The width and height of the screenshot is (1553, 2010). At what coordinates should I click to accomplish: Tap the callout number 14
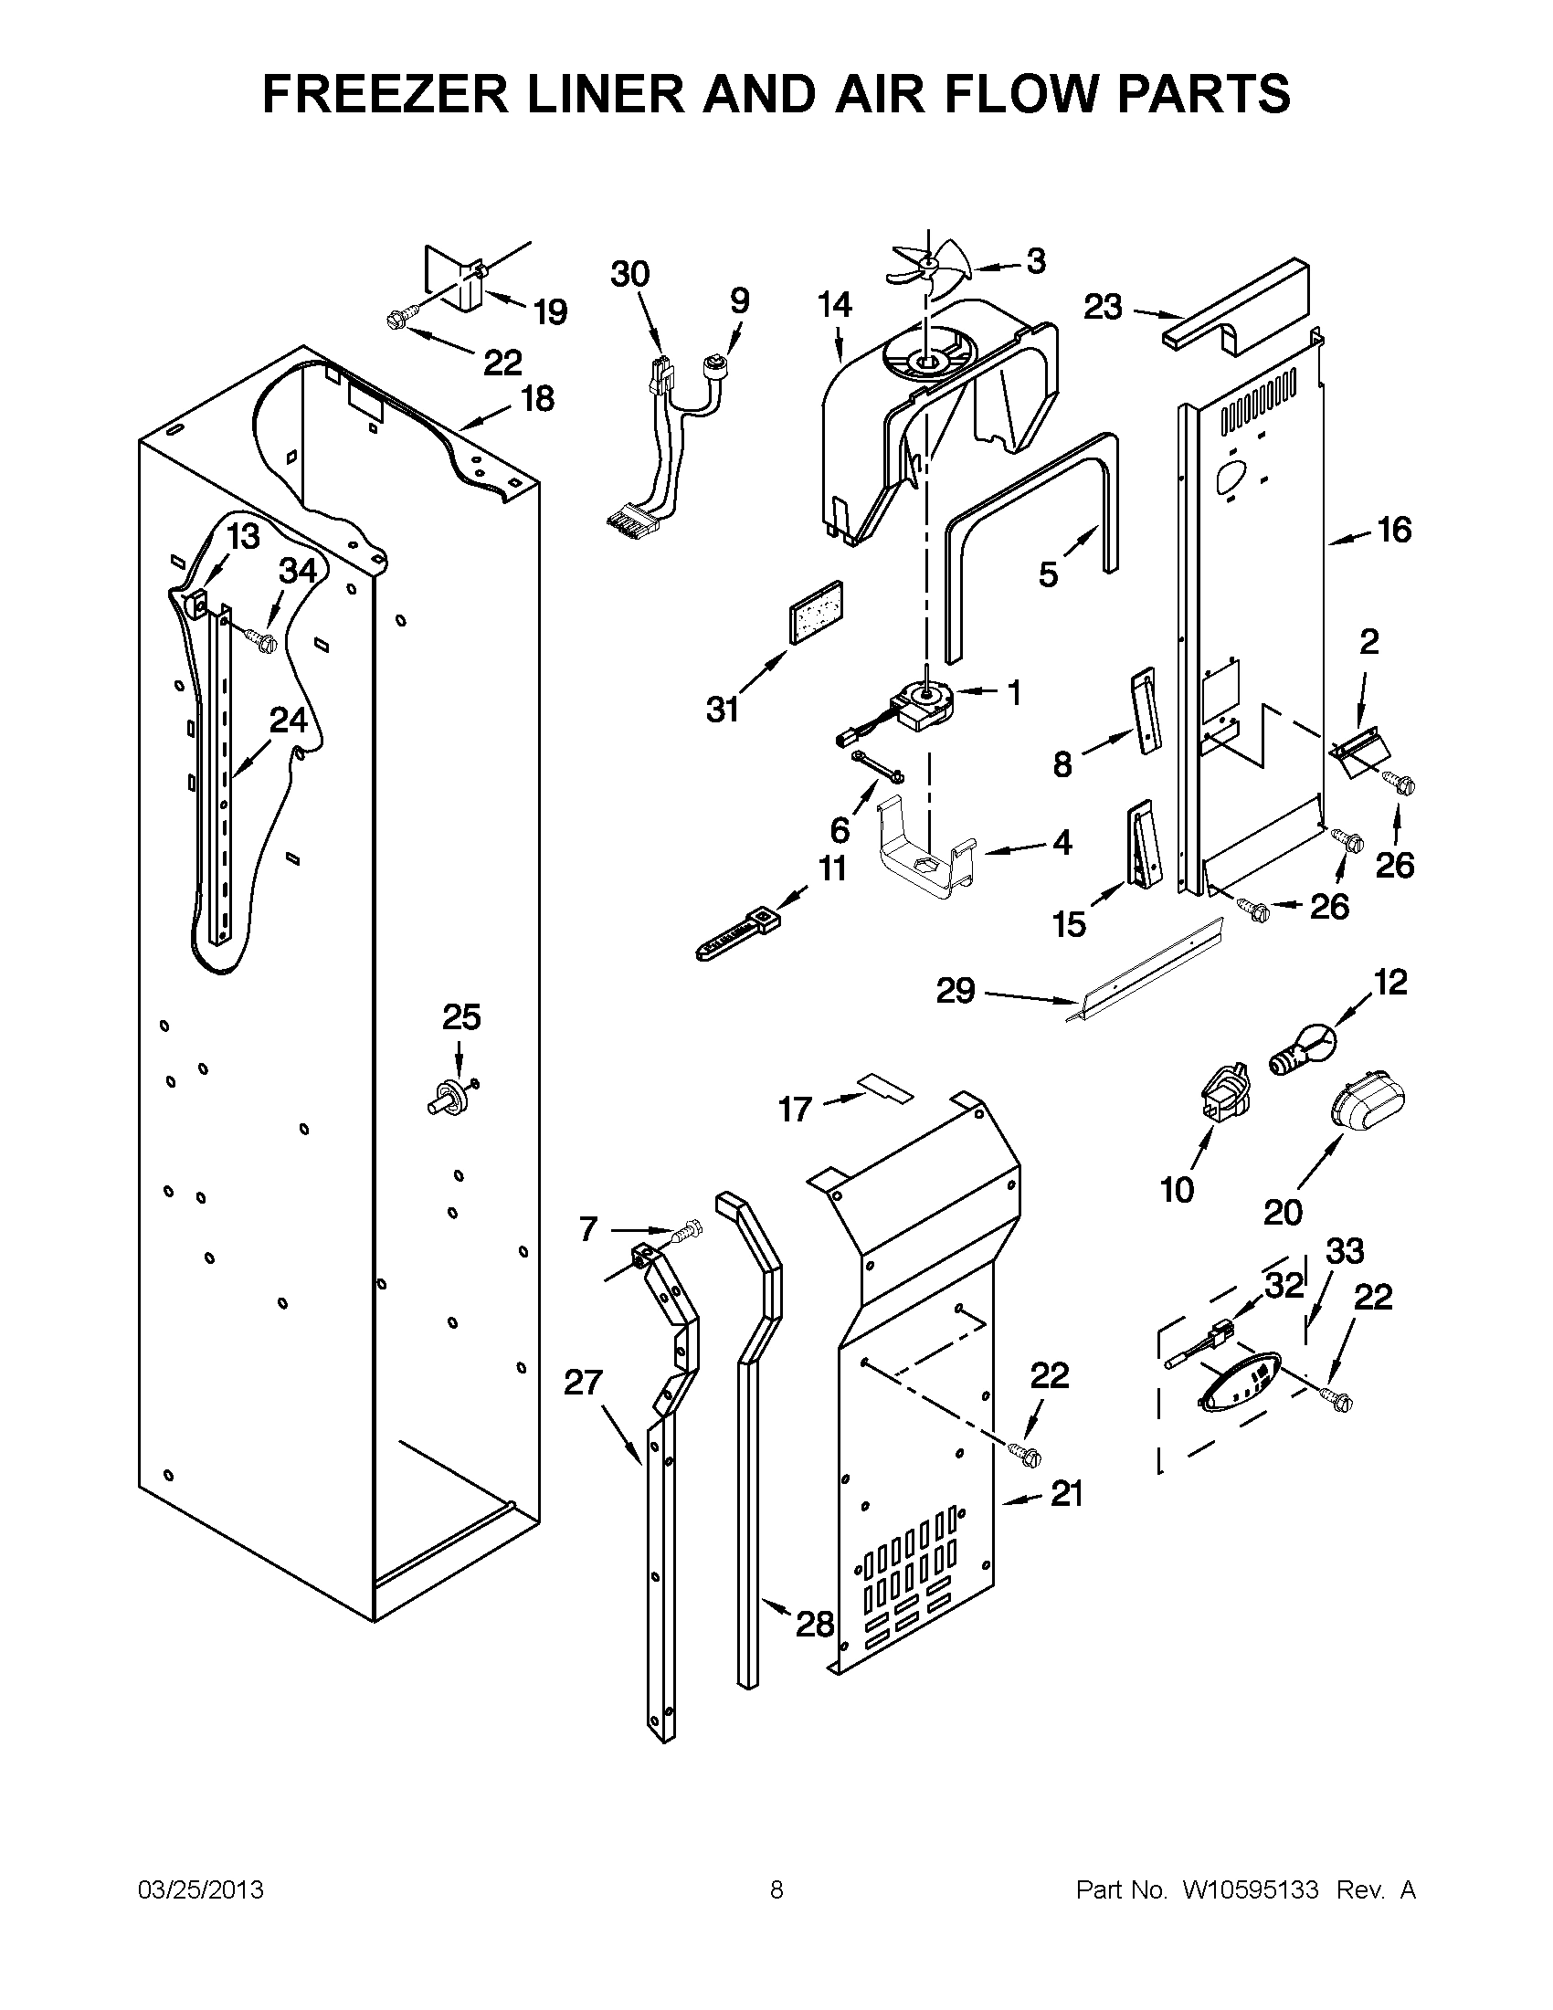[834, 305]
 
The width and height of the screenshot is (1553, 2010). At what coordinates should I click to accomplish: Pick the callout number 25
[461, 1017]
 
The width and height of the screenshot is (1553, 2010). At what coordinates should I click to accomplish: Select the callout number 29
[955, 991]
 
